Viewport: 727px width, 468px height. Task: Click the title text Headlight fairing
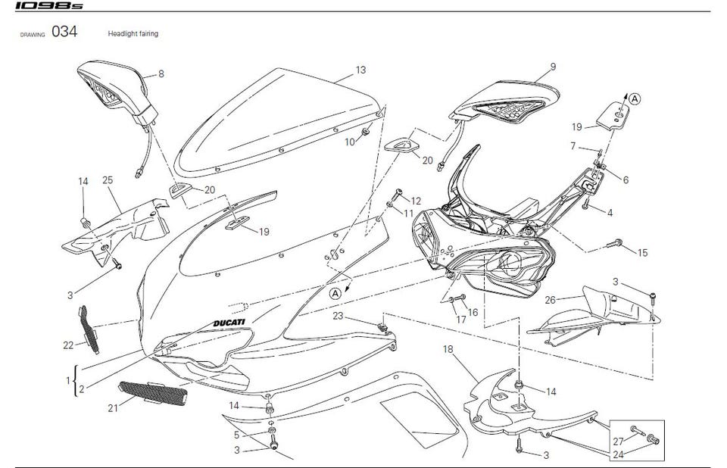133,34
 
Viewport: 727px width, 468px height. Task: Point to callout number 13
360,70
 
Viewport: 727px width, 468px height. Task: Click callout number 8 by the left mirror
161,74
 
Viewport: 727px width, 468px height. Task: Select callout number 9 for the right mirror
553,67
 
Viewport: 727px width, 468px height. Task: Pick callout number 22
67,345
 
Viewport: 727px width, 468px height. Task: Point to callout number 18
448,349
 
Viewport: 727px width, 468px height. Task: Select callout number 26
551,298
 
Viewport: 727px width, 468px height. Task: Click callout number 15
642,253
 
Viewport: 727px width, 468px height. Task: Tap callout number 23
338,316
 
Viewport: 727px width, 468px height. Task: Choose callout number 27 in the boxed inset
617,440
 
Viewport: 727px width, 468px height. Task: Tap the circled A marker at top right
635,98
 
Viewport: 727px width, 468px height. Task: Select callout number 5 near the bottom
236,435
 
